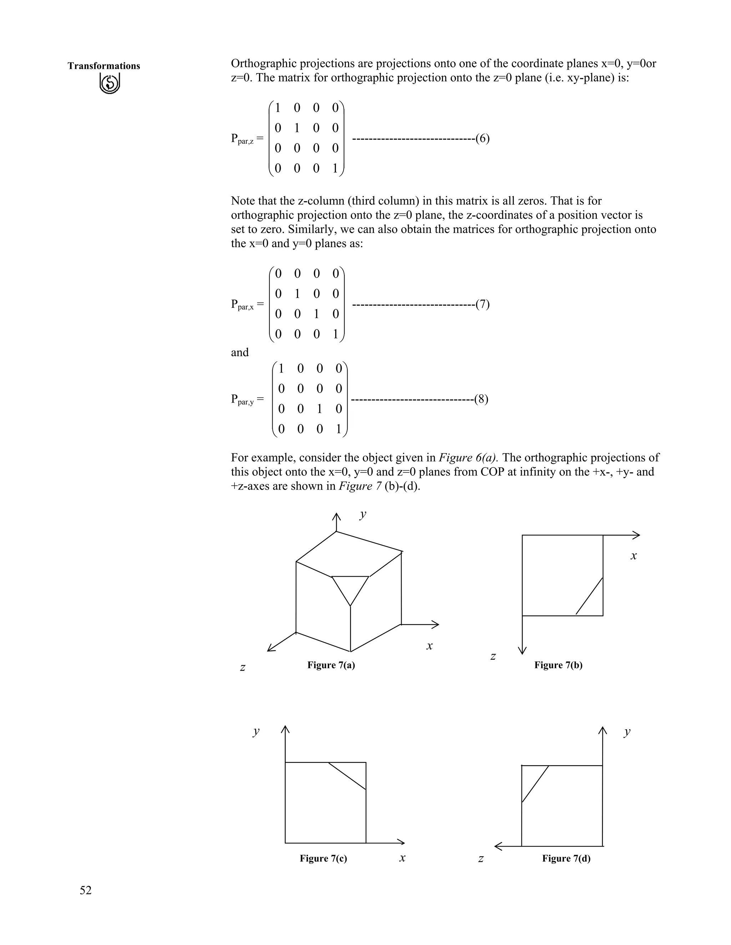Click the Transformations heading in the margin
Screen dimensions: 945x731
[104, 66]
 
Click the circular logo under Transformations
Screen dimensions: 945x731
[110, 83]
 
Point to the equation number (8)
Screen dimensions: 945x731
[481, 399]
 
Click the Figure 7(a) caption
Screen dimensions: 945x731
[331, 665]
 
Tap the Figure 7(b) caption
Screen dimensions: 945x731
[558, 665]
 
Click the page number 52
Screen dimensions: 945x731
[86, 890]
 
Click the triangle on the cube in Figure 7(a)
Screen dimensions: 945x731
[350, 586]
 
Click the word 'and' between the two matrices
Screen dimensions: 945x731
[240, 352]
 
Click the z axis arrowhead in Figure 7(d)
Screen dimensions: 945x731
[498, 846]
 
